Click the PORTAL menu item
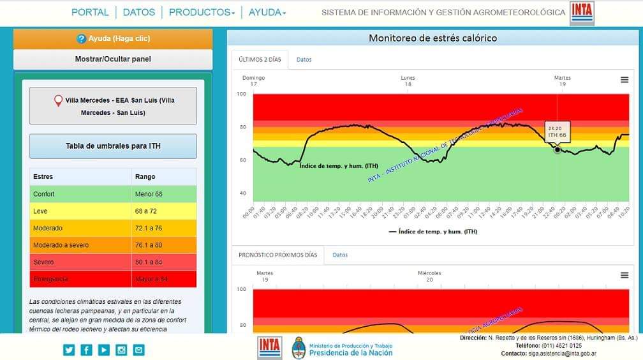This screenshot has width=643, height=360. pos(90,12)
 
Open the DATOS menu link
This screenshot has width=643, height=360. pos(139,12)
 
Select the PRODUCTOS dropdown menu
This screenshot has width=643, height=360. pos(202,12)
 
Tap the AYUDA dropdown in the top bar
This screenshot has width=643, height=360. pos(267,12)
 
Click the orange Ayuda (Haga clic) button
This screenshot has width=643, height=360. pos(113,39)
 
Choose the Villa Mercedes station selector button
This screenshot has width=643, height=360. pos(113,106)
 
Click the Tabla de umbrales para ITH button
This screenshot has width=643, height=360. pos(113,146)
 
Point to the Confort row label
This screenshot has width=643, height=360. pos(44,194)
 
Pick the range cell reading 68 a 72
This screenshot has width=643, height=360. pos(149,211)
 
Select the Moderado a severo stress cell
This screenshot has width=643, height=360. pos(61,245)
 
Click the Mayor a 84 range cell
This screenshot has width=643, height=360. pos(152,280)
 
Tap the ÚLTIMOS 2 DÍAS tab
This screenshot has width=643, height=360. pos(260,59)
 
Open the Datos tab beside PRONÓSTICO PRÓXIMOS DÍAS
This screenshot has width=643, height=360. pos(340,255)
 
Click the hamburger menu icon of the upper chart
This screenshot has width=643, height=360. pos(625,80)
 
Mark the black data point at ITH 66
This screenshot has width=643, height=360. pos(558,150)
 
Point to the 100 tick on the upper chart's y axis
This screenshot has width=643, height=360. pos(241,94)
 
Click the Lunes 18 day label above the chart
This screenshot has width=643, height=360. pos(408,81)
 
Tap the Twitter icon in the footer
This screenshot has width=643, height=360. pos(69,350)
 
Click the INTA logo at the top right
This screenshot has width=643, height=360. pos(582,13)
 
